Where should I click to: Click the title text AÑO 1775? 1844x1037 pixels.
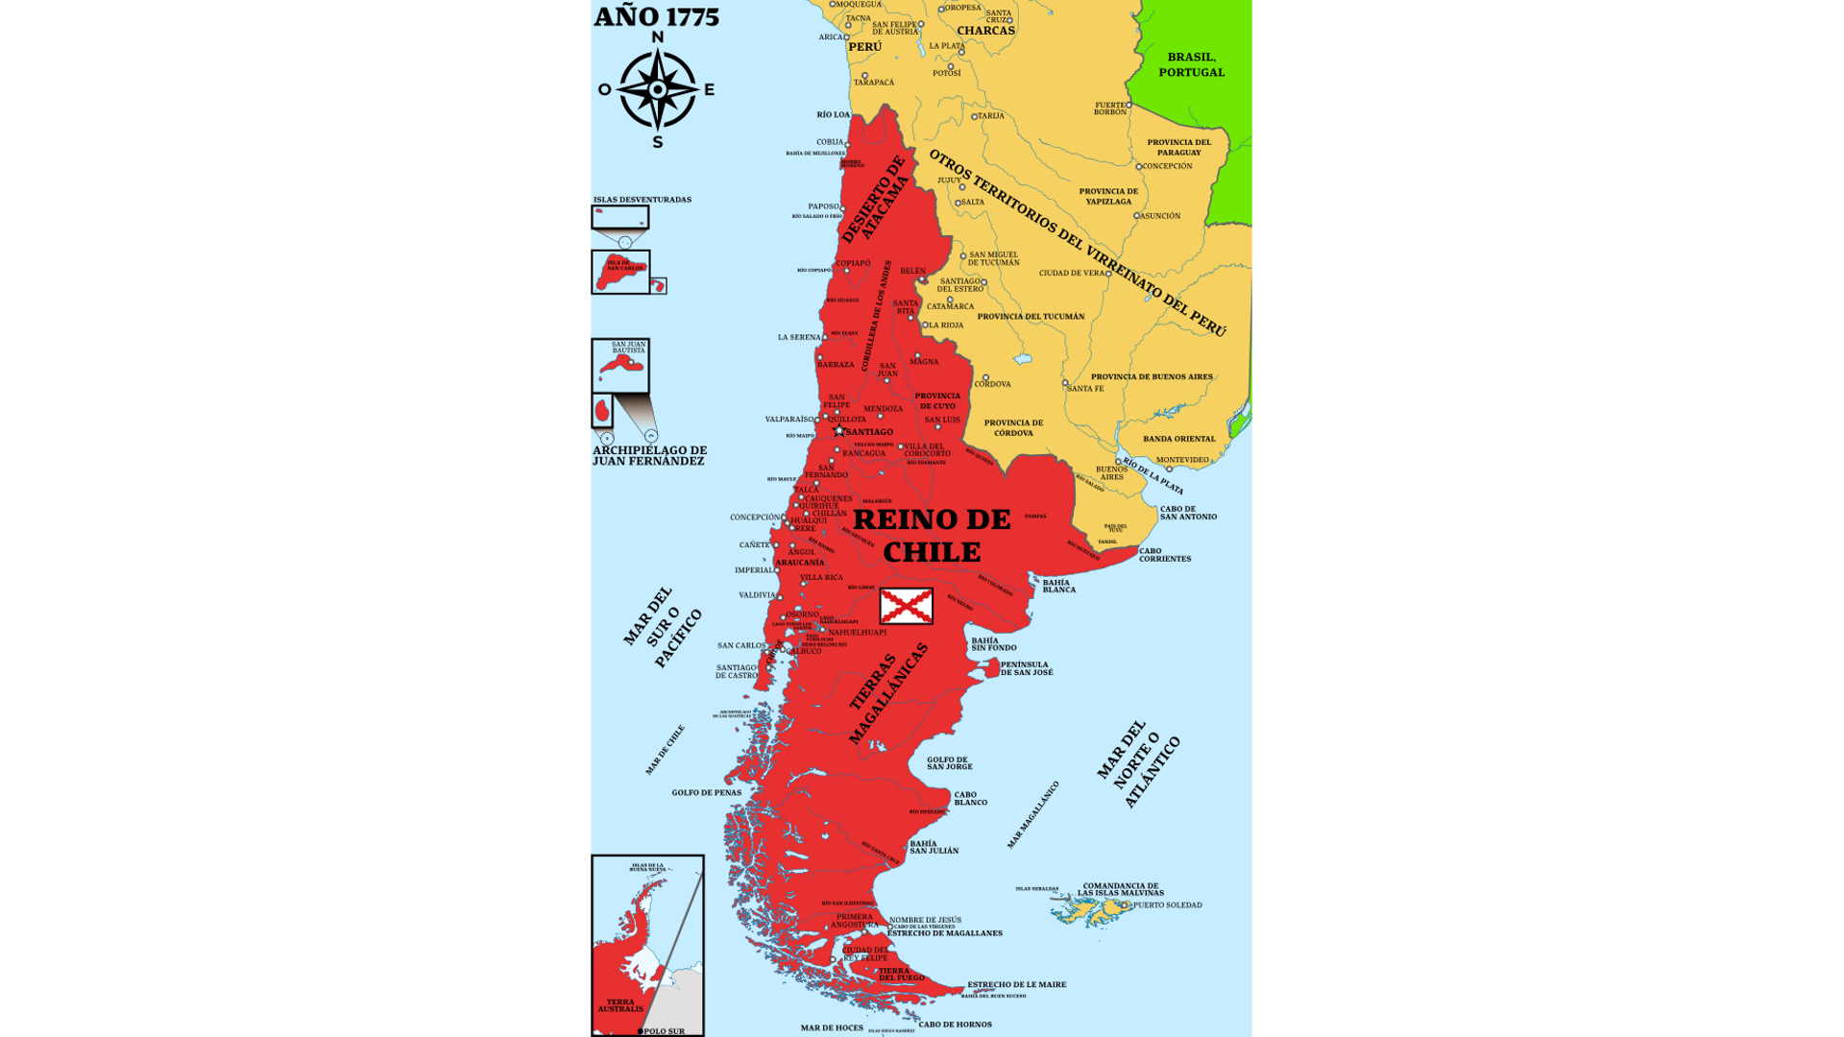(656, 16)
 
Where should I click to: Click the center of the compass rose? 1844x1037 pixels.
(658, 89)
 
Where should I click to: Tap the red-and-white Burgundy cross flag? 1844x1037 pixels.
(906, 606)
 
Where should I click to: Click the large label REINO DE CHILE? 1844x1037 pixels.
(932, 536)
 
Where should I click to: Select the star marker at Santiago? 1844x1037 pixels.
(839, 430)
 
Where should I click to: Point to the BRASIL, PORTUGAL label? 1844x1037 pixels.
(1191, 64)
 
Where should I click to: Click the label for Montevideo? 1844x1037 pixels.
(1182, 460)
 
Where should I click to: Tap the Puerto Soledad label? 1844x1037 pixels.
(1167, 904)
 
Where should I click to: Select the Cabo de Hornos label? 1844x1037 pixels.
(955, 1025)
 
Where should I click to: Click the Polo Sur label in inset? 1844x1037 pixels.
(664, 1031)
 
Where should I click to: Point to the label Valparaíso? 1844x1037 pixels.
(789, 420)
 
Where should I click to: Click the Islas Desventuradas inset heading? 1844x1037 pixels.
(642, 200)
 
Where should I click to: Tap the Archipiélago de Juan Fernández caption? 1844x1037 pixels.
(649, 455)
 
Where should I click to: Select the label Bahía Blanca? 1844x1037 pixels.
(1058, 586)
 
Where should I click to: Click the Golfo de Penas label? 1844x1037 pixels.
(706, 793)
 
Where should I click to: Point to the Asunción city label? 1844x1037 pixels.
(1160, 216)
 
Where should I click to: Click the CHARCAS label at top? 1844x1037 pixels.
(985, 31)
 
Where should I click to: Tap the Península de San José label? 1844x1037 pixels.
(1026, 668)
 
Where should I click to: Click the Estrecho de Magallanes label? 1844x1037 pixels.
(944, 933)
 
